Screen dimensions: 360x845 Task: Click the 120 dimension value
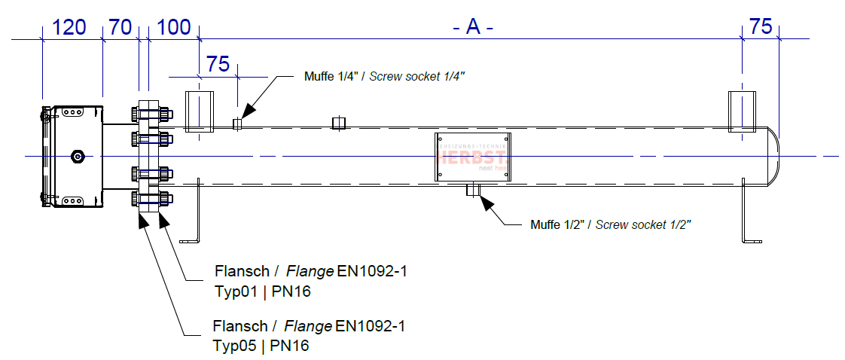coord(69,28)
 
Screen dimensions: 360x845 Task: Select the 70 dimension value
coord(120,28)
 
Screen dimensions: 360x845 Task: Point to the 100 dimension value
coord(175,28)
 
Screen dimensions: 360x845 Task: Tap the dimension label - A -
coord(472,27)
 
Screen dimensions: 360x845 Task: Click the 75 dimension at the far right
coord(761,27)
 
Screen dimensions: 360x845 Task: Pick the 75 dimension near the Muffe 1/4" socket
coord(218,64)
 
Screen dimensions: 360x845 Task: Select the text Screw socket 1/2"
coord(644,224)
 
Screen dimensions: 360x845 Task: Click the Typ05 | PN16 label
coord(261,346)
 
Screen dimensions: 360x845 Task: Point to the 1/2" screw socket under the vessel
coord(474,190)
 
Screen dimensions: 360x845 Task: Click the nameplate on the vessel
coord(474,157)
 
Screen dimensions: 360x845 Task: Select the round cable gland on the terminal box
coord(77,157)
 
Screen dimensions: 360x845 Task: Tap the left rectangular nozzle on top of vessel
coord(200,111)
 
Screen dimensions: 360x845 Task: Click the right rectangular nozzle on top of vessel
coord(742,111)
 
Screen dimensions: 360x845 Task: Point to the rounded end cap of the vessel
coord(773,156)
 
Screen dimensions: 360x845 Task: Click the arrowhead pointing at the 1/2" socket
coord(486,202)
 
